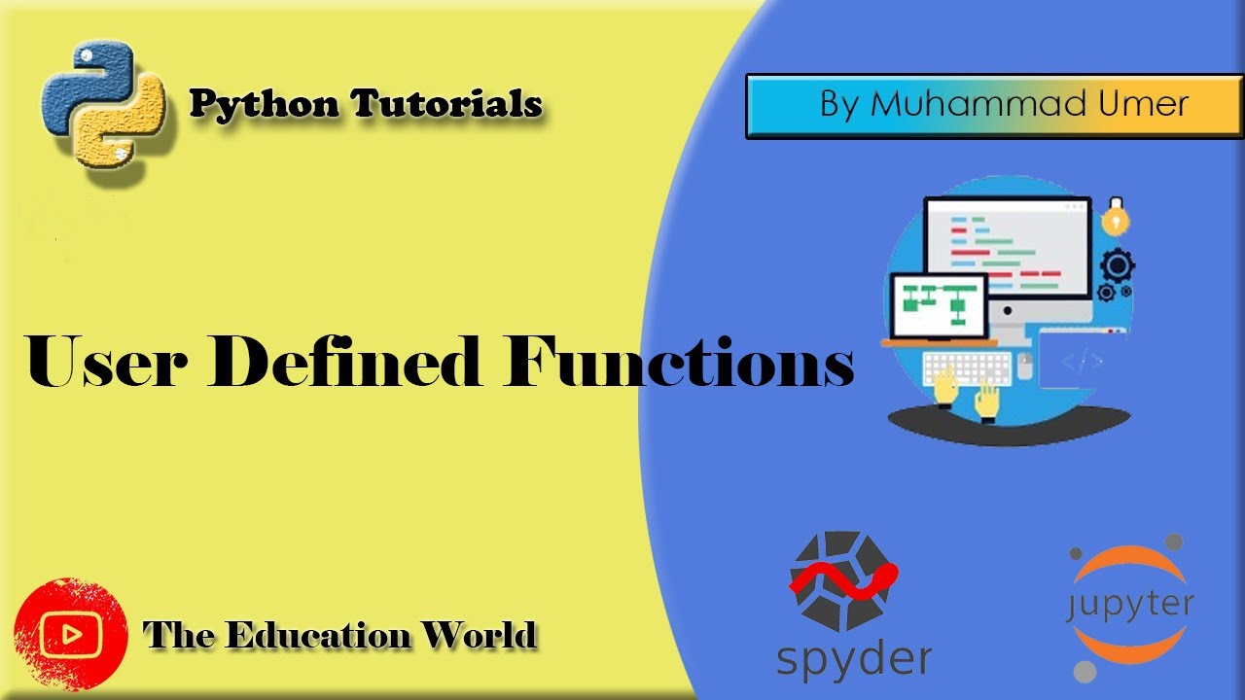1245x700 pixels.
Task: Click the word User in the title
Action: pos(117,363)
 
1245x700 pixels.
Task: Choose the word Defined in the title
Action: pos(354,363)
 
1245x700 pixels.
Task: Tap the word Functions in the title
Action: pos(679,363)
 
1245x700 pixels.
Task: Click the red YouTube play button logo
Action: pos(71,635)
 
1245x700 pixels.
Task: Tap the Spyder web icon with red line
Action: pos(842,580)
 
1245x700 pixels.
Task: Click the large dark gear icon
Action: pos(1117,263)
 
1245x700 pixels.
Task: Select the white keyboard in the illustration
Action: pos(967,367)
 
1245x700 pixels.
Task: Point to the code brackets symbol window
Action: pos(1082,363)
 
